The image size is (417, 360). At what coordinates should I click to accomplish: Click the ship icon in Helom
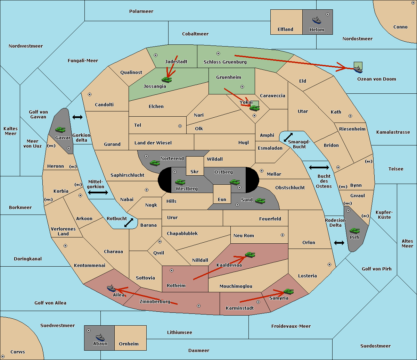pos(317,20)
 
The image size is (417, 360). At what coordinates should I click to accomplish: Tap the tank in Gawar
pos(60,129)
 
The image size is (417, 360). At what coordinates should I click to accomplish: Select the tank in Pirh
pos(354,231)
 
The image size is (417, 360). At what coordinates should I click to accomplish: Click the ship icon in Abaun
pos(100,337)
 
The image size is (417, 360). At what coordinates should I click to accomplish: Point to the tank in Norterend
pos(155,163)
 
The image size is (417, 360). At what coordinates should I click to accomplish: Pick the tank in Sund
pos(260,201)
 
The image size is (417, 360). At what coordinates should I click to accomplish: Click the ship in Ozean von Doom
pos(358,69)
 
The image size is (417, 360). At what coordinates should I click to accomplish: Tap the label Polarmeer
pos(141,11)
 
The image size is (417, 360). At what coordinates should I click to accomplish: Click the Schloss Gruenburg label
pos(225,62)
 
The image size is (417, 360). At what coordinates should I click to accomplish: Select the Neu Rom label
pos(244,235)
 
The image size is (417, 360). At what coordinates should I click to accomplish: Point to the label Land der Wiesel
pos(153,143)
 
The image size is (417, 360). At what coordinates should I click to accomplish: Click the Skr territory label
pos(194,171)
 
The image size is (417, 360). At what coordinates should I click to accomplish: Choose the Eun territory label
pos(222,199)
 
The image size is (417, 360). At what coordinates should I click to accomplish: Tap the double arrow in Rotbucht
pos(129,223)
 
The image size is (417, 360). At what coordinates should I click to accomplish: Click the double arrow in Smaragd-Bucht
pos(288,137)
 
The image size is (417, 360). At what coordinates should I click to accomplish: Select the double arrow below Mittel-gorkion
pos(98,192)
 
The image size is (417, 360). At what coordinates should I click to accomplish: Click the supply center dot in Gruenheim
pos(242,87)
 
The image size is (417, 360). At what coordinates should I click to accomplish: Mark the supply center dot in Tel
pos(180,126)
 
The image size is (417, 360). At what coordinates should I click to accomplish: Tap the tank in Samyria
pos(288,291)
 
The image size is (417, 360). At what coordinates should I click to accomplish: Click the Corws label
pos(18,352)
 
